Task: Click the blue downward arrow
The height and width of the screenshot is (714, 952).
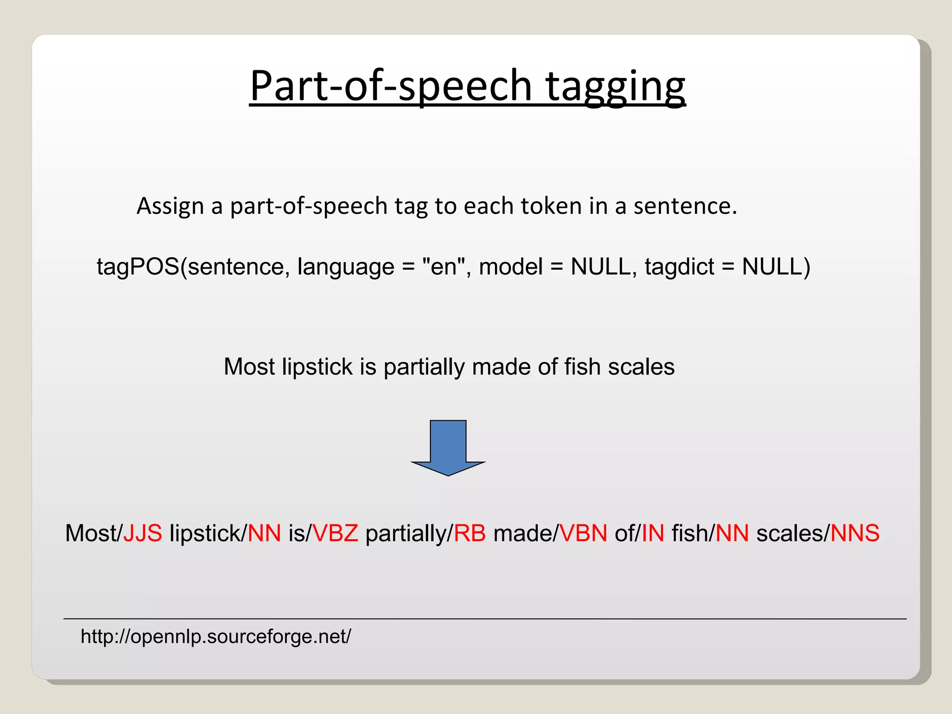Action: (448, 446)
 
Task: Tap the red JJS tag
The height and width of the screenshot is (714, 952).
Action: (143, 533)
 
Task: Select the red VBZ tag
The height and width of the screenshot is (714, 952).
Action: (336, 533)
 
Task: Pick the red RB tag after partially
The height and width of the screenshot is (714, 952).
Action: (469, 533)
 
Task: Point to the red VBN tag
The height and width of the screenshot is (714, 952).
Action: (583, 533)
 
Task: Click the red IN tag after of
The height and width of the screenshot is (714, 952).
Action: (653, 533)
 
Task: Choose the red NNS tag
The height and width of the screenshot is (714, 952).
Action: (855, 533)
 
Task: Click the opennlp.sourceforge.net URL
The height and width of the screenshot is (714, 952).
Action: (216, 636)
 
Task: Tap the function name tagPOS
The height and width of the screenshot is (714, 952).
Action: (138, 267)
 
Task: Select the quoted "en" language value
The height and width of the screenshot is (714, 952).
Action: (443, 267)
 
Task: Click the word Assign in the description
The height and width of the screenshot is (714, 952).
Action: (170, 206)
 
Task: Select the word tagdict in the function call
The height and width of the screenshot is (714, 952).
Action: (679, 267)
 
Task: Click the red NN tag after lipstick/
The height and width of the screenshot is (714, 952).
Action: (264, 533)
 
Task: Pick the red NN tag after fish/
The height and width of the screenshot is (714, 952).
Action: (732, 533)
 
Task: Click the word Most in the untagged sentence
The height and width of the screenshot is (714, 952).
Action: (249, 367)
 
